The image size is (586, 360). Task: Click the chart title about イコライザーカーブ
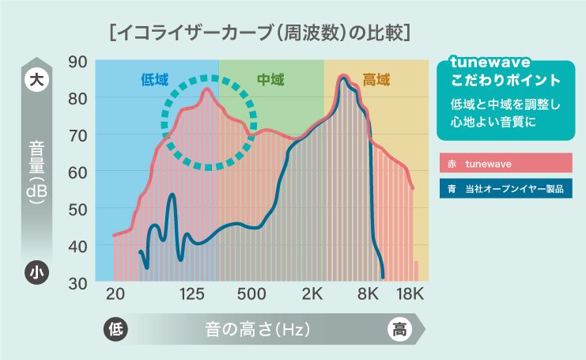coord(261,33)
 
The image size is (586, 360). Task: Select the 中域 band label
coord(270,79)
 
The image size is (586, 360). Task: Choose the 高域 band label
coord(376,79)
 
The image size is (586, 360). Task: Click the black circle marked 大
coord(35,79)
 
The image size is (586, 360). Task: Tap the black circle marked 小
coord(35,272)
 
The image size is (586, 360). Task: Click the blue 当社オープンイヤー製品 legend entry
coord(505,190)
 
